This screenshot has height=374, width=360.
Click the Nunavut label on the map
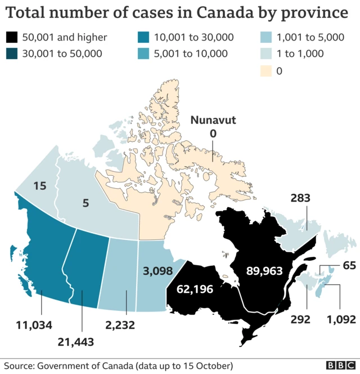(x=213, y=119)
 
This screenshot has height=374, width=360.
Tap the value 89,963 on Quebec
(x=264, y=271)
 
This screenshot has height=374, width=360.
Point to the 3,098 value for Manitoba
(x=158, y=271)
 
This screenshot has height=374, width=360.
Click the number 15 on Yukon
(x=39, y=186)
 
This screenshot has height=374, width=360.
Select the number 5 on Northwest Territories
(x=85, y=202)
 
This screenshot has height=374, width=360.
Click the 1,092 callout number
(x=341, y=319)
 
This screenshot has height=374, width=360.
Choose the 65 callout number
(x=349, y=265)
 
